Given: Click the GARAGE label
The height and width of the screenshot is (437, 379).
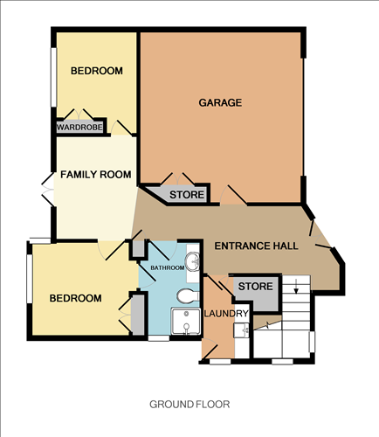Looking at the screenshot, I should (x=220, y=102).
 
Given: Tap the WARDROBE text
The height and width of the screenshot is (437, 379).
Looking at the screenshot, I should (x=79, y=128).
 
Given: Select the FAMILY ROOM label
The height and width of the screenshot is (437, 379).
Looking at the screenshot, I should (x=95, y=175).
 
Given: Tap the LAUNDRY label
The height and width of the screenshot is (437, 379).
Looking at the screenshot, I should (x=226, y=314).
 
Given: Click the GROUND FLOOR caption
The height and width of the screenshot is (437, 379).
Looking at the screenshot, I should (x=189, y=404).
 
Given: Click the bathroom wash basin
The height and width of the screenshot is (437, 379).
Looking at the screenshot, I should (x=196, y=260).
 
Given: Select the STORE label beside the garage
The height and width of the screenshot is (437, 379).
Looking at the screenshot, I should (x=187, y=194).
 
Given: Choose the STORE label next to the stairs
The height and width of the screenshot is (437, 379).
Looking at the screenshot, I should (x=255, y=286).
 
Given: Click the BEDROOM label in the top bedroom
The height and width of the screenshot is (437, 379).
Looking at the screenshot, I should (x=96, y=71).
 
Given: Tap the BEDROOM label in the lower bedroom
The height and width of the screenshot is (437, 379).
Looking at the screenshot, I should (x=75, y=298).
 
